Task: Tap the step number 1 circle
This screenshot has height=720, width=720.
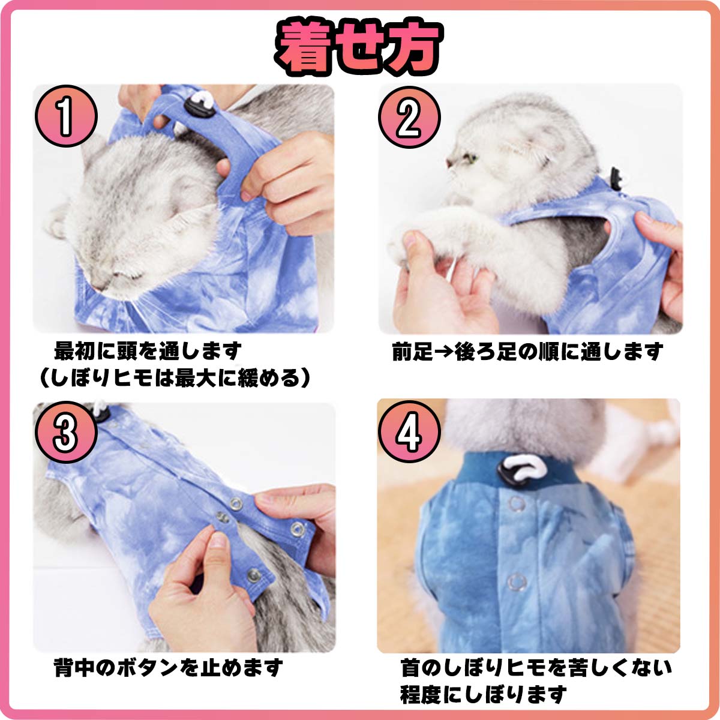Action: (x=66, y=116)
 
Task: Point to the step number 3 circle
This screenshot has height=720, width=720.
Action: (x=66, y=432)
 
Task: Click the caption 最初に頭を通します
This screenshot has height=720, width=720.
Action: (x=148, y=351)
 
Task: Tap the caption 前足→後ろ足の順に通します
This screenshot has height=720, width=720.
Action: (x=527, y=352)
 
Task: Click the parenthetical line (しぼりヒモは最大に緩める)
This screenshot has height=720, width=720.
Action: (x=175, y=378)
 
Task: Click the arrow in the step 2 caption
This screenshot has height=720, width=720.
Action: (x=443, y=352)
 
